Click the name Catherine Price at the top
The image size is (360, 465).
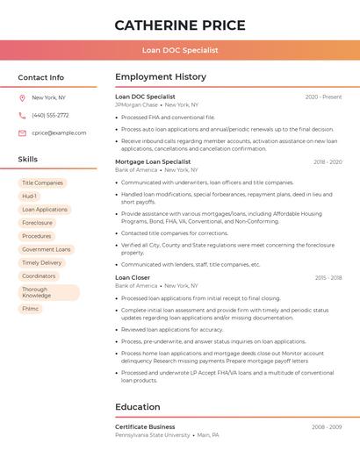coord(180,25)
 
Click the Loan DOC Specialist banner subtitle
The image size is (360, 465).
coord(180,50)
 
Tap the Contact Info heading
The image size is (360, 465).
coord(41,77)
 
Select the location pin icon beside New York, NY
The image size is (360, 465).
coord(22,98)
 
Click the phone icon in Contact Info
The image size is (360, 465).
coord(22,116)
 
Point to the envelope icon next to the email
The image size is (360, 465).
coord(22,133)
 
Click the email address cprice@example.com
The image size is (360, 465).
coord(59,133)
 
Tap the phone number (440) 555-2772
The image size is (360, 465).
coord(50,116)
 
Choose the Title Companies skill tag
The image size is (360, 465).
coord(42,182)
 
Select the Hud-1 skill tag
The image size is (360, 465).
coord(30,197)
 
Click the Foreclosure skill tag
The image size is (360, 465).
coord(37,223)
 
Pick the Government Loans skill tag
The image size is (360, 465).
coord(46,249)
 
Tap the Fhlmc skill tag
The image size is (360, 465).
coord(31,309)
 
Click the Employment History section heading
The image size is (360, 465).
coord(161,77)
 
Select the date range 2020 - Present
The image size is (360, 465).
coord(323,97)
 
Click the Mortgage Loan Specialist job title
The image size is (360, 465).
coord(153,162)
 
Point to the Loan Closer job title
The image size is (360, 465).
coord(133,278)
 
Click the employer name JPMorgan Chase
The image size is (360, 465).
coord(136,105)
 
